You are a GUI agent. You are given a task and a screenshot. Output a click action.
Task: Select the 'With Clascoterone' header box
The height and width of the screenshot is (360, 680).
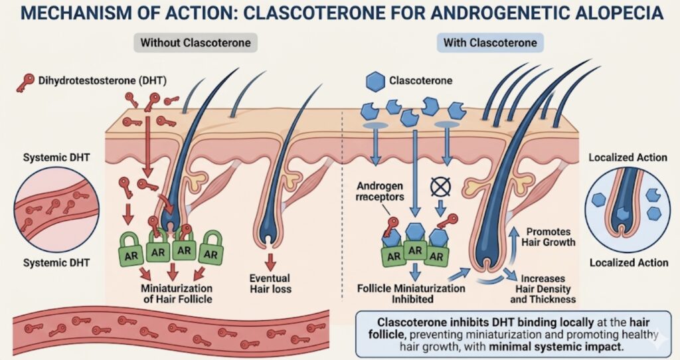click(x=490, y=43)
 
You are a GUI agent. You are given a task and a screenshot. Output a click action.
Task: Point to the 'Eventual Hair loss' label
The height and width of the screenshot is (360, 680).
click(x=270, y=283)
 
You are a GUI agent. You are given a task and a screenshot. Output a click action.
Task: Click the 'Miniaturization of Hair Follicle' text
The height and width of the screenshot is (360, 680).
click(x=177, y=294)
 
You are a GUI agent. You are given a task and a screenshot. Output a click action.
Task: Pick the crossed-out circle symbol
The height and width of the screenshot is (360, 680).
click(x=440, y=188)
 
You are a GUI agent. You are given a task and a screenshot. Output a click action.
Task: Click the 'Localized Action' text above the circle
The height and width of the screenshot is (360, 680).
click(x=628, y=157)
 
